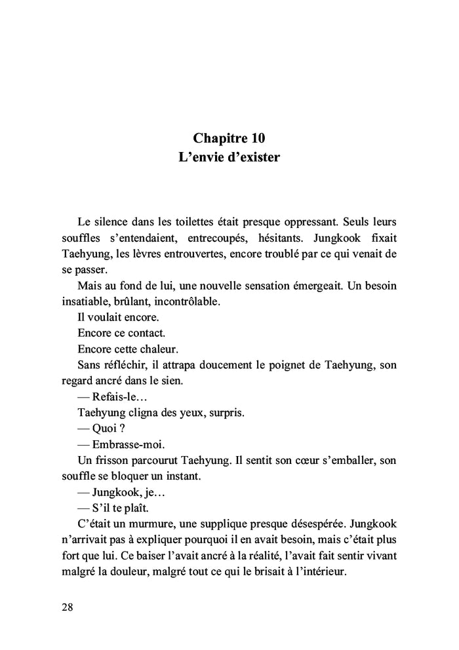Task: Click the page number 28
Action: [x=68, y=606]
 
